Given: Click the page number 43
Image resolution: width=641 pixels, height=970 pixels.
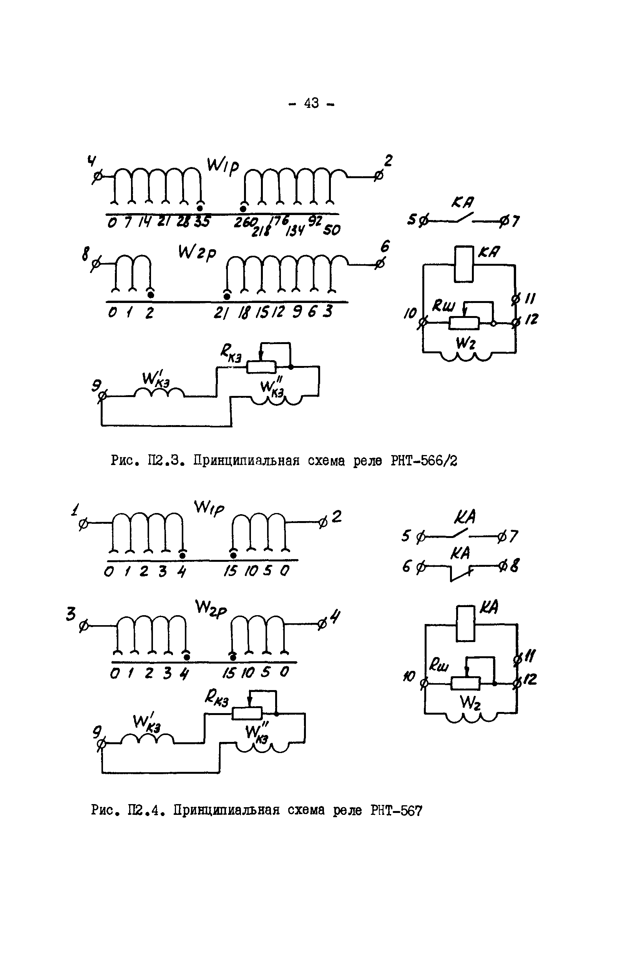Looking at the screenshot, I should coord(311,103).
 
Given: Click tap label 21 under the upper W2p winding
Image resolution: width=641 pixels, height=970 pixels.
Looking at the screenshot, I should coord(221,313).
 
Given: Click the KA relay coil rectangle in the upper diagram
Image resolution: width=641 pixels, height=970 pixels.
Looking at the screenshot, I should coord(464,264).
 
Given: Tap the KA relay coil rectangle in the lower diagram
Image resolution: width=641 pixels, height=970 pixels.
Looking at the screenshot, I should coord(466,624).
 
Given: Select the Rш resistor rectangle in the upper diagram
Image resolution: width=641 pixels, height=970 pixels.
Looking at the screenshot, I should coord(464,323).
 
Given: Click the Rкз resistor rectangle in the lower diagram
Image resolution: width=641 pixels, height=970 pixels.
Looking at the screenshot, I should coord(247,713).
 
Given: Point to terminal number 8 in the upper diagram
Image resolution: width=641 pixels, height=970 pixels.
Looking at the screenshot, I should coord(85,255).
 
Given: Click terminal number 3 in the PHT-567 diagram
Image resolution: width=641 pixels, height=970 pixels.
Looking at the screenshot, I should coord(71,614).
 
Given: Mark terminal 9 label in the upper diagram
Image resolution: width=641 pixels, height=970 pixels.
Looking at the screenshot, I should coord(96,385).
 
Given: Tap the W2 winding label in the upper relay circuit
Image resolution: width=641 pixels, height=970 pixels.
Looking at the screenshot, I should coord(466,343).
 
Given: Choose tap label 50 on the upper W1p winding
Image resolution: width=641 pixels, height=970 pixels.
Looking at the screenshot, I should coord(331,230).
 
